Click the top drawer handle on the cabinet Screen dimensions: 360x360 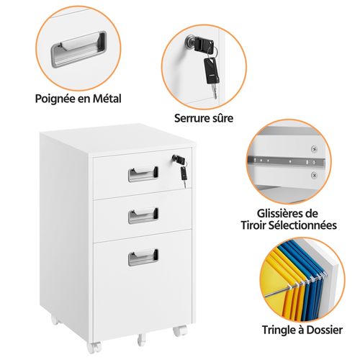pyautogui.click(x=143, y=174)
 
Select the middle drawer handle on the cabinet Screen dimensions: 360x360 pyautogui.click(x=143, y=215)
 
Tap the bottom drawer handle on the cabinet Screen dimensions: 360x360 pyautogui.click(x=143, y=257)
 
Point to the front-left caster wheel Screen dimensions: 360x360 pyautogui.click(x=94, y=347)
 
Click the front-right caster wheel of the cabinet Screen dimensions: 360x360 pyautogui.click(x=180, y=330)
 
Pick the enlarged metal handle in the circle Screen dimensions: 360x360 pyautogui.click(x=78, y=50)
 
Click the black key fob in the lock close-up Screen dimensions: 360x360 pyautogui.click(x=212, y=71)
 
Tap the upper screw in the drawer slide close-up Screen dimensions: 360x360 pyautogui.click(x=314, y=149)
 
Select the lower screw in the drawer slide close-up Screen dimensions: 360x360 pyautogui.click(x=314, y=176)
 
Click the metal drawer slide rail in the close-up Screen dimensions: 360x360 pyautogui.click(x=287, y=161)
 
